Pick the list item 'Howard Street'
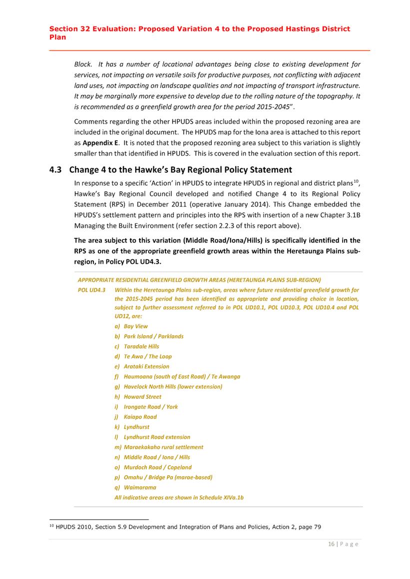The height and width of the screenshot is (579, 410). click(142, 397)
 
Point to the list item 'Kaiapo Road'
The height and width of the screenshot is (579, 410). click(140, 417)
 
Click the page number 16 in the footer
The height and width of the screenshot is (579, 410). click(331, 545)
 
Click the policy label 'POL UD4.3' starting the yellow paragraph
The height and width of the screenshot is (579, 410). click(91, 289)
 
